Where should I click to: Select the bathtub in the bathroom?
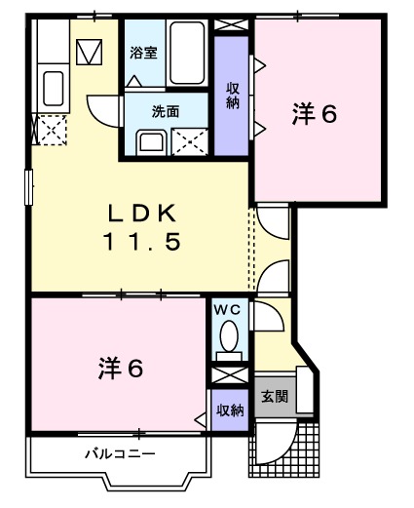187,56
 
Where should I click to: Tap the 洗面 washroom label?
164,111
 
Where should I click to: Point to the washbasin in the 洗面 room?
151,142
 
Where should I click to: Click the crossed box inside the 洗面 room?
190,141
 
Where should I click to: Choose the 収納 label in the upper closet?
232,97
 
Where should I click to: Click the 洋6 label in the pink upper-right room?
315,115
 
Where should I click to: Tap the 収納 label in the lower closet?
230,410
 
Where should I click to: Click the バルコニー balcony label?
118,453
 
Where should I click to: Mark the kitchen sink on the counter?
54,91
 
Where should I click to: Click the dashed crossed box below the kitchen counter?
49,129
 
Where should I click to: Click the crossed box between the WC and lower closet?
229,375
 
